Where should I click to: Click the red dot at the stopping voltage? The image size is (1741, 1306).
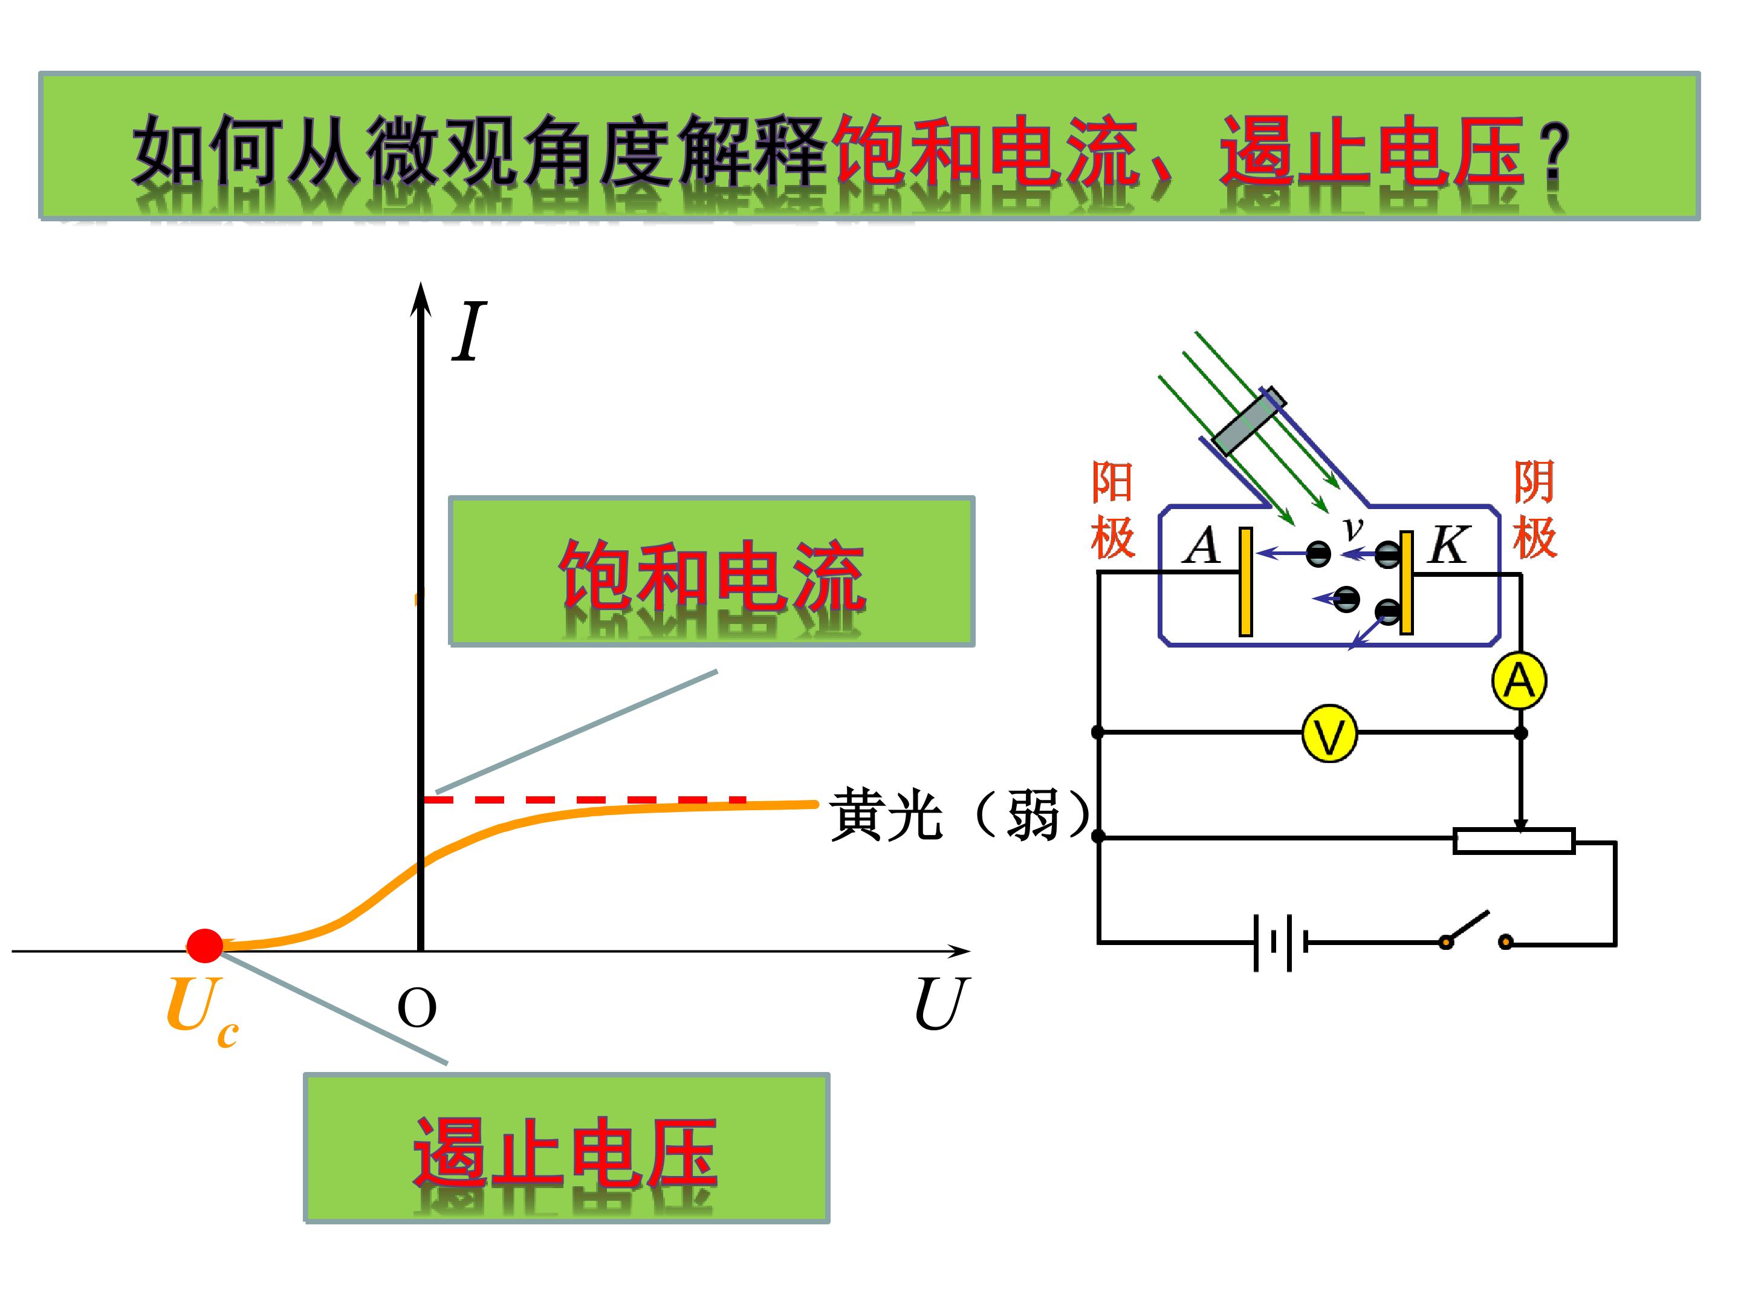coord(205,946)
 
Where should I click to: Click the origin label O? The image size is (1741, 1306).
coord(417,1009)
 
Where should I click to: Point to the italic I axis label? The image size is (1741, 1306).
coord(469,331)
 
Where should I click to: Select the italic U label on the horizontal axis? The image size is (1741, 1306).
coord(941,1004)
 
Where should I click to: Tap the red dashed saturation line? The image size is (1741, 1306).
coord(584,800)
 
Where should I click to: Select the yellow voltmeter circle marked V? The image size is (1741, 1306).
coord(1329,733)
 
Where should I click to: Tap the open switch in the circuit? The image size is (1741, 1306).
coord(1476,933)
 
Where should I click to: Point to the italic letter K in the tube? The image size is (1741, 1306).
coord(1447,545)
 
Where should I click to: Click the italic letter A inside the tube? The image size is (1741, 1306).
coord(1202,545)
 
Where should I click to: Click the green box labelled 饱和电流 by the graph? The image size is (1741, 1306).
coord(712,571)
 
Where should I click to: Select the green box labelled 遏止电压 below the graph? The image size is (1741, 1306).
coord(566,1148)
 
